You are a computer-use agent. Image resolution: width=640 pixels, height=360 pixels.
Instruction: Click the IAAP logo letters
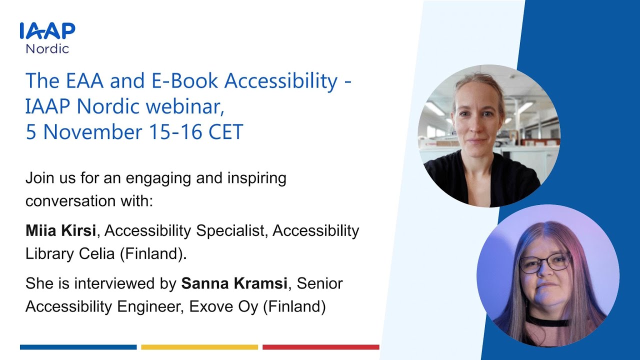click(x=47, y=31)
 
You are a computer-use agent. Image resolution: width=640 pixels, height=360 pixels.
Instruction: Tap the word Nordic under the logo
click(x=47, y=48)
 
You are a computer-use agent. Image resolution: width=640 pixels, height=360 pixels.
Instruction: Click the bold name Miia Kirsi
click(x=61, y=230)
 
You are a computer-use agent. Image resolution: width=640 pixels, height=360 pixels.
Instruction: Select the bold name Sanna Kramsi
click(x=233, y=283)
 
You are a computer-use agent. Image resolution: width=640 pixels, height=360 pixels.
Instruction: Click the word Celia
click(x=96, y=253)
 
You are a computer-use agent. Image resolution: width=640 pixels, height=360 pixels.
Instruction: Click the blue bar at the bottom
click(x=78, y=347)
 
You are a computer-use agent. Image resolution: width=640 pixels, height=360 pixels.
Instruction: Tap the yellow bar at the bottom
click(x=199, y=347)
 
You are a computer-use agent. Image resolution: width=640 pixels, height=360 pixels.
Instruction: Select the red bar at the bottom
click(x=320, y=347)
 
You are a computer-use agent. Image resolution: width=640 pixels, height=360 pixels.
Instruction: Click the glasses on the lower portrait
click(x=545, y=262)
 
